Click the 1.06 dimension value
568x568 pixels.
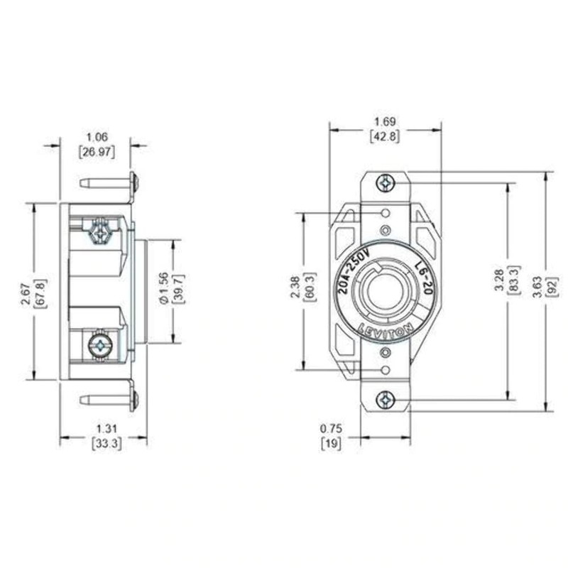[x=97, y=137]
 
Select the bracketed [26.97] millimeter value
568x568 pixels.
[x=97, y=151]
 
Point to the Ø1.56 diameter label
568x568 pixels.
[x=163, y=293]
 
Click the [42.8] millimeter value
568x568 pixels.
[x=384, y=136]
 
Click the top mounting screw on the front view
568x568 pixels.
[x=385, y=182]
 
